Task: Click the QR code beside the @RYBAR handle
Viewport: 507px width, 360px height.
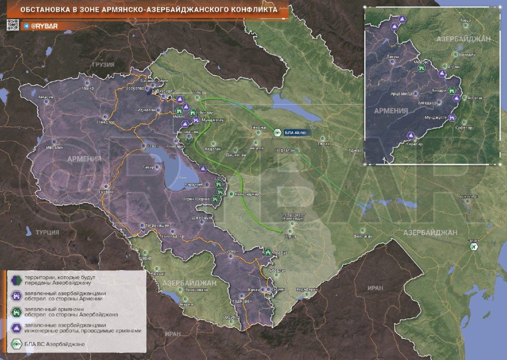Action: (x=13, y=24)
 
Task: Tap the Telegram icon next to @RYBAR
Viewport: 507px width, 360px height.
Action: (x=26, y=25)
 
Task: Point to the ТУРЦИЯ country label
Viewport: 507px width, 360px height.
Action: (x=47, y=232)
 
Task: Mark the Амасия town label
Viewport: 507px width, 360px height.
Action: (x=46, y=97)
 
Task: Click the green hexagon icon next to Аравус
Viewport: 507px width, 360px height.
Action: (x=268, y=252)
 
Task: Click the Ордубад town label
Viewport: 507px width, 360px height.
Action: (x=231, y=317)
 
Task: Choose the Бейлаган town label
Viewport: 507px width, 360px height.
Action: (x=363, y=237)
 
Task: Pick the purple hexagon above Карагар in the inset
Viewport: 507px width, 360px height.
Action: (x=410, y=136)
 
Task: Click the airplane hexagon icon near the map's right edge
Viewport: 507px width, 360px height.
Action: (x=474, y=247)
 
